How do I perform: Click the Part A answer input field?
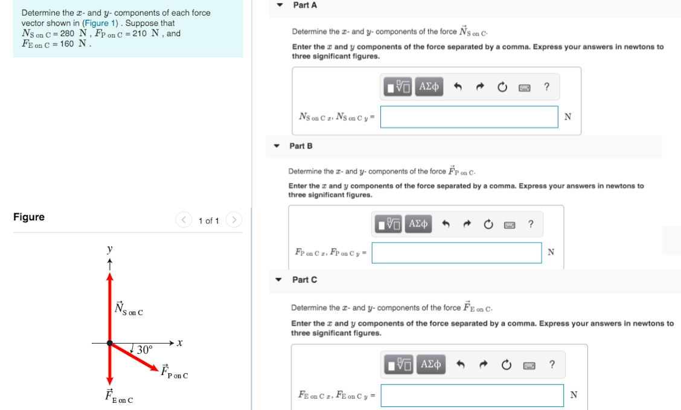click(469, 117)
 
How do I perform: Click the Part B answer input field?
click(456, 253)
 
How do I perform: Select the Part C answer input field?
click(472, 396)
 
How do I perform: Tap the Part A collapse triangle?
click(280, 5)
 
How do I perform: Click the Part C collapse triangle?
click(278, 280)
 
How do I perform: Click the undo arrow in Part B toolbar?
click(447, 225)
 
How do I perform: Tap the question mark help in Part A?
click(546, 87)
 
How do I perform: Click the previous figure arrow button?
click(183, 220)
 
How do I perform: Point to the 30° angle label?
click(145, 350)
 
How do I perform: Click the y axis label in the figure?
click(109, 249)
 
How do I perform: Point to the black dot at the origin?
click(110, 343)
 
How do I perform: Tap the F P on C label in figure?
click(174, 371)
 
